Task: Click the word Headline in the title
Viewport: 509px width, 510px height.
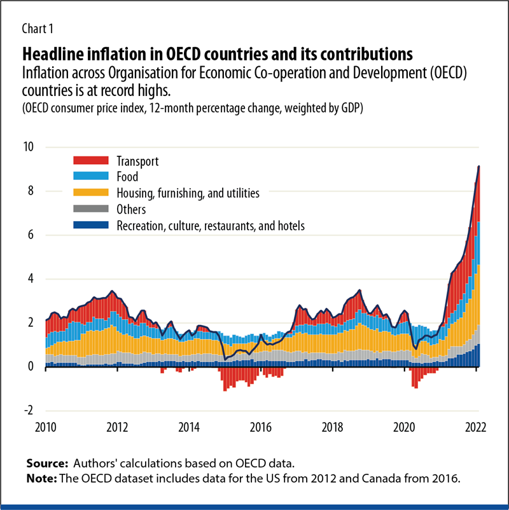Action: tap(52, 51)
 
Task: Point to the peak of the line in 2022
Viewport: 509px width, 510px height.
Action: tap(478, 166)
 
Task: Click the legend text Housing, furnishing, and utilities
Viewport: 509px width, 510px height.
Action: tap(188, 193)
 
